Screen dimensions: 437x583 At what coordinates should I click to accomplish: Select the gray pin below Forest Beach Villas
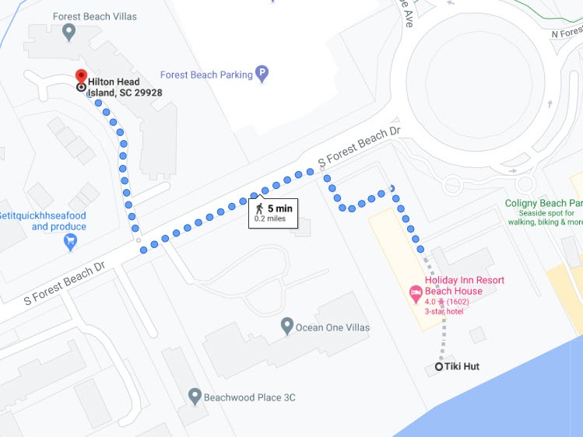pos(68,32)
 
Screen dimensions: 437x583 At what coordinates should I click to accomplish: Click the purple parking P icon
pos(262,75)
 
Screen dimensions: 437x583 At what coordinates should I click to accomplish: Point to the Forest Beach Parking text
pos(206,75)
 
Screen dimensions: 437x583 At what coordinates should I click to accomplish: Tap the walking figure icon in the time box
pos(259,208)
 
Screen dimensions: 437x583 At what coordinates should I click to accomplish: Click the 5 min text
pos(279,208)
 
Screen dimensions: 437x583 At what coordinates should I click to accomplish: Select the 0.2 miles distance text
pos(270,219)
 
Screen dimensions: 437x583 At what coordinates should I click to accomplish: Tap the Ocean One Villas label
pos(332,327)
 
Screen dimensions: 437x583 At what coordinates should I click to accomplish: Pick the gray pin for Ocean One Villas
pos(286,327)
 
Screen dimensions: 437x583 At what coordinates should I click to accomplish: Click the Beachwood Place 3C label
pos(249,397)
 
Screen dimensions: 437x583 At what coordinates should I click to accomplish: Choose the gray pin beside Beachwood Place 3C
pos(195,397)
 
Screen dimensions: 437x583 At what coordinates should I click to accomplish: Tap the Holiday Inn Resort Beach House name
pos(464,285)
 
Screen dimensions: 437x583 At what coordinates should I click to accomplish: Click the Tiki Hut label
pos(462,366)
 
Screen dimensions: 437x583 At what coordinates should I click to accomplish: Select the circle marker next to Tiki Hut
pos(438,366)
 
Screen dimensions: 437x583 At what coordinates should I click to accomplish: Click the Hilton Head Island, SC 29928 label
pos(124,87)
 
